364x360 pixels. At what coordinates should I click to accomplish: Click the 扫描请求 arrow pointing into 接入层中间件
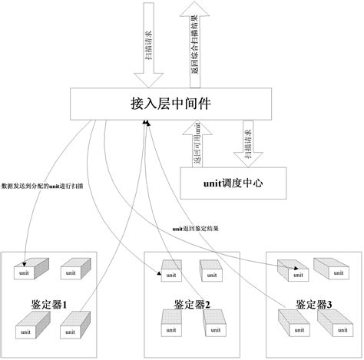(145, 46)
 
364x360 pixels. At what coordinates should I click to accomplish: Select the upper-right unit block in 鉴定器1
(71, 269)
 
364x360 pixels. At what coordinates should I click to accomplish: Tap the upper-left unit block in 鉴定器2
(170, 269)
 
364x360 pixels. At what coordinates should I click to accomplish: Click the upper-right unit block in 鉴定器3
(331, 269)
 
